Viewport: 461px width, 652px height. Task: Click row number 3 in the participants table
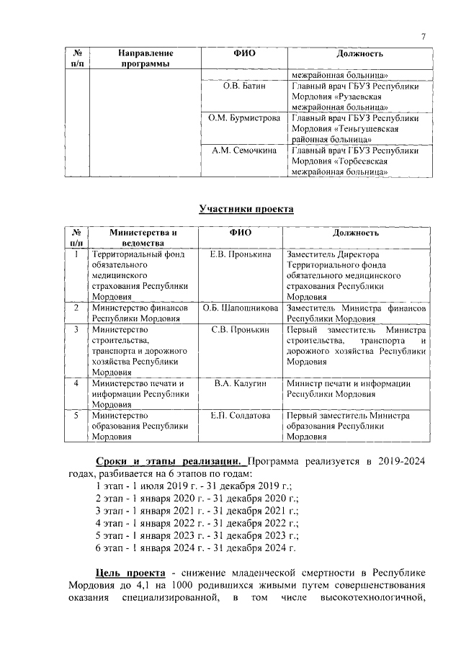pyautogui.click(x=76, y=329)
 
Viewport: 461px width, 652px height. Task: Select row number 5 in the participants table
pyautogui.click(x=76, y=416)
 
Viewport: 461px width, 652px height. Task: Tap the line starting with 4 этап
pyautogui.click(x=197, y=522)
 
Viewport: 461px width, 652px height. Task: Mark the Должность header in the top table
pyautogui.click(x=359, y=54)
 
